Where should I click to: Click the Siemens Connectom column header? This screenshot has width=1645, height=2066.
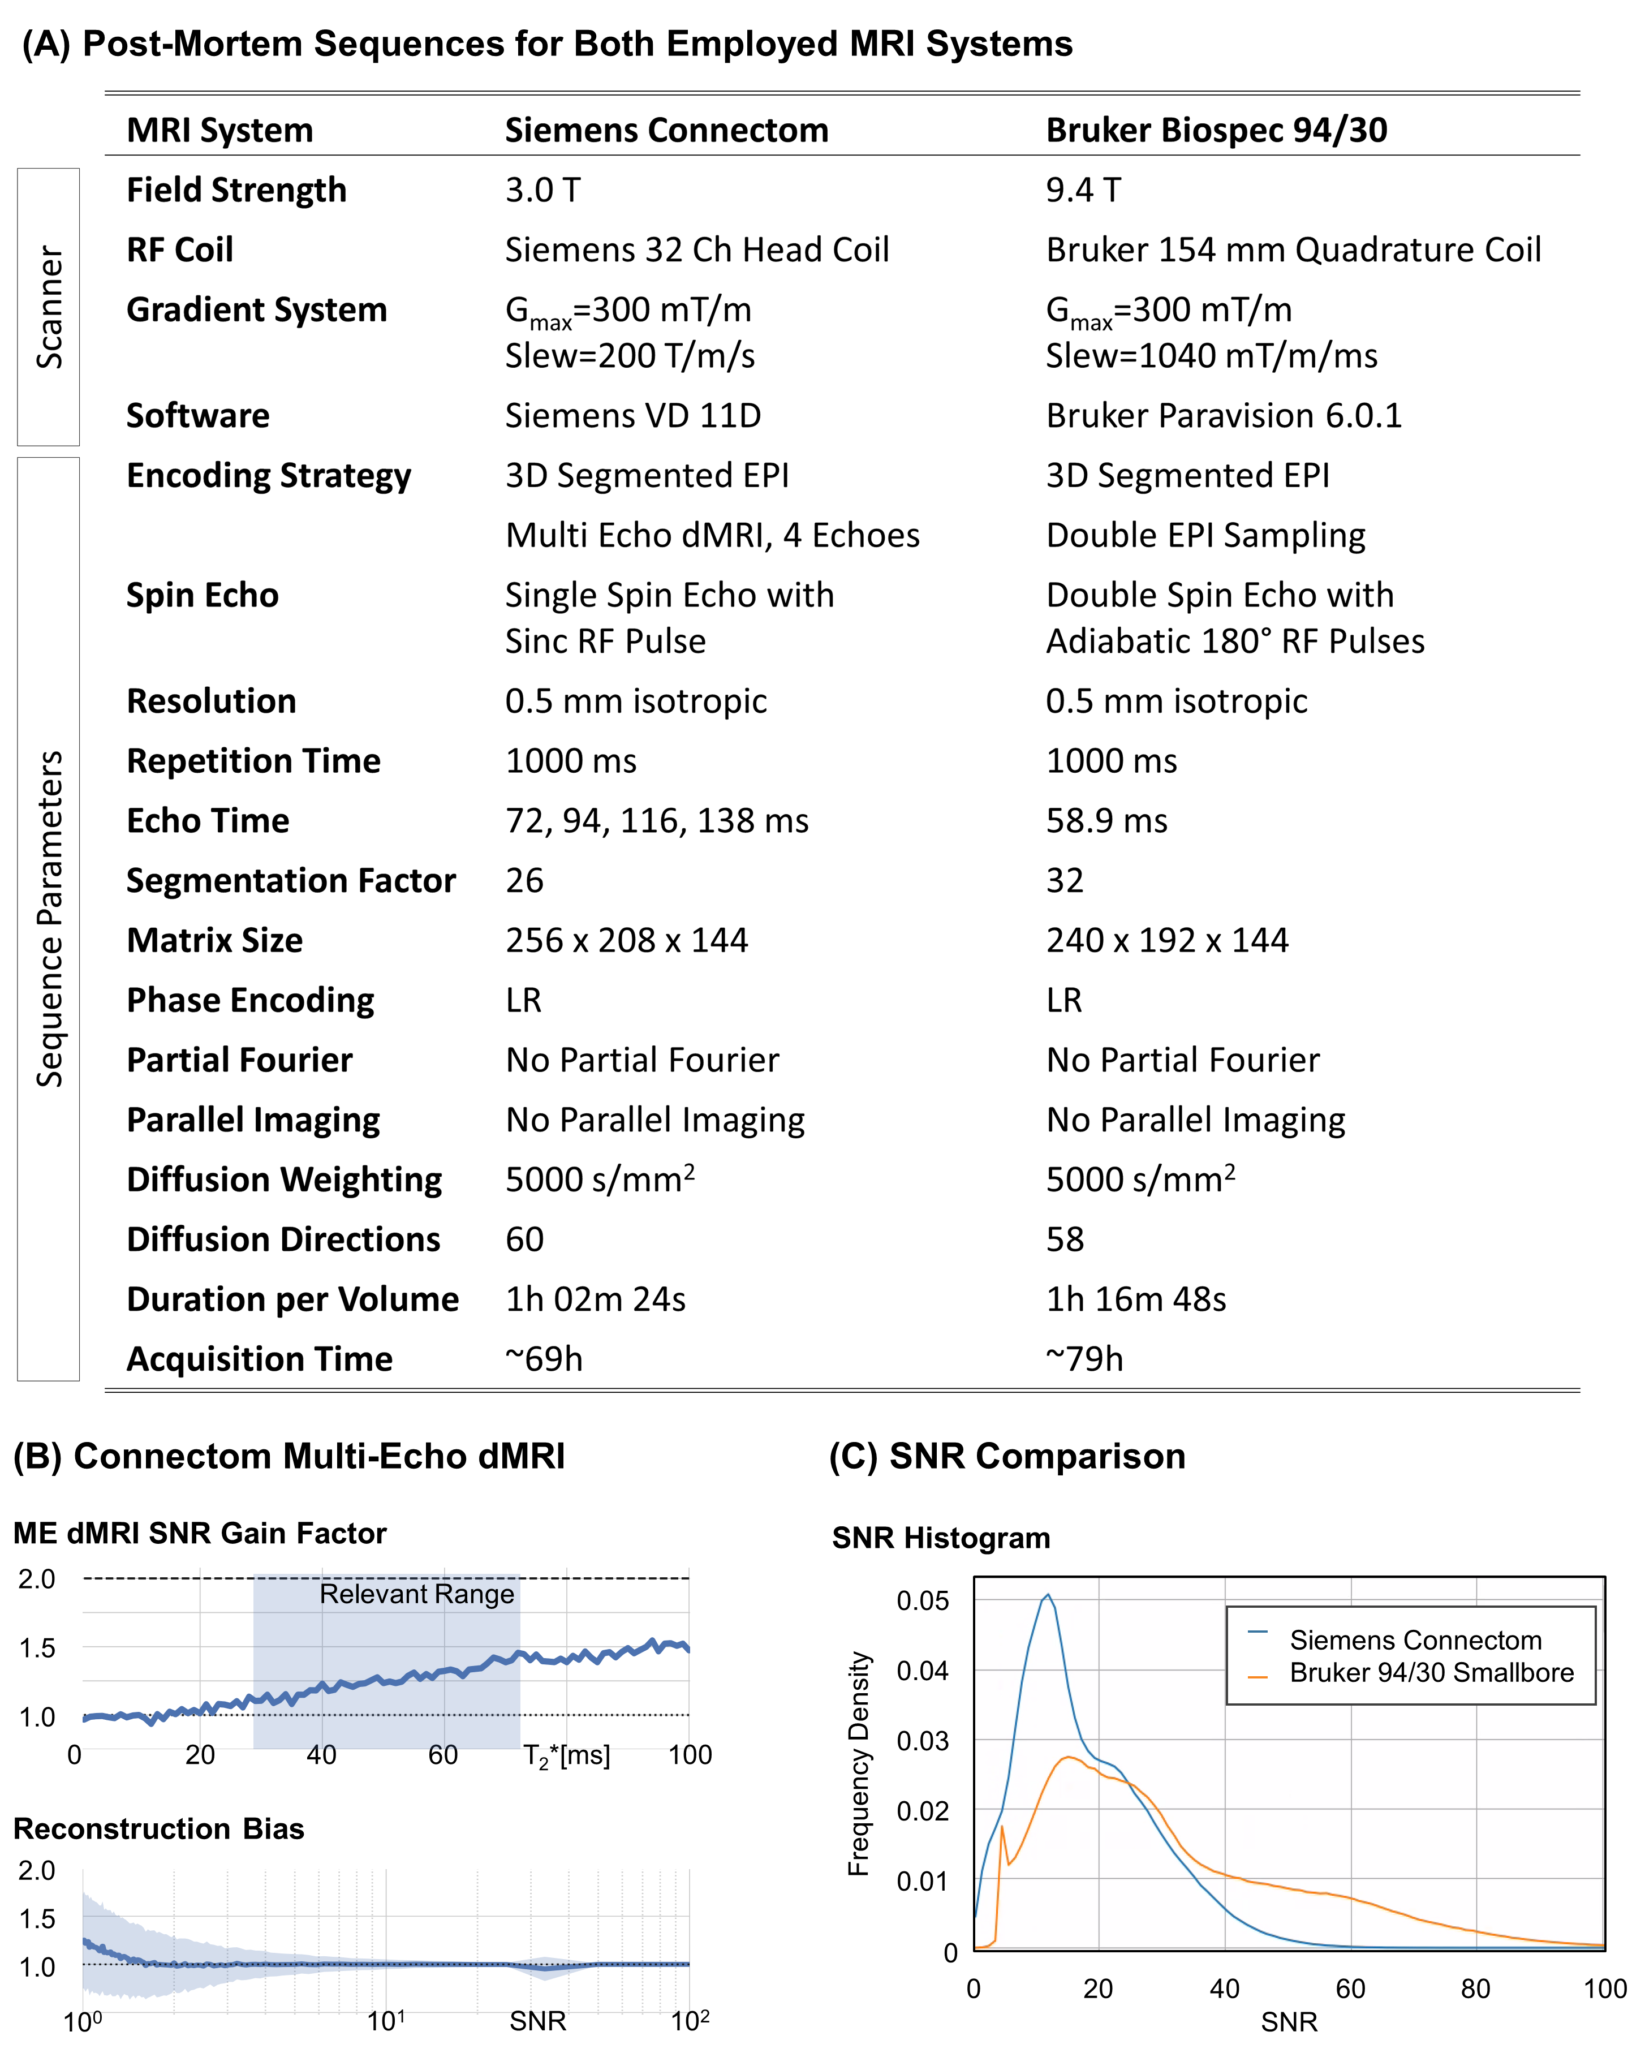(x=666, y=130)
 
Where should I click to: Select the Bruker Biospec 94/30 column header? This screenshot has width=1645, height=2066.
(x=1216, y=130)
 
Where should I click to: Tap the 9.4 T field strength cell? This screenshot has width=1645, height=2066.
(x=1083, y=190)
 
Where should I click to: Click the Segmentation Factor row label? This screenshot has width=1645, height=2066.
(x=290, y=881)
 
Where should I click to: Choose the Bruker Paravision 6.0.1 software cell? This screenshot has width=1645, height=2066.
(x=1224, y=416)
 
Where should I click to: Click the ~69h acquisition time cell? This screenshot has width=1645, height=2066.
(x=544, y=1359)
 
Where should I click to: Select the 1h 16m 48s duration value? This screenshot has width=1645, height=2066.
(x=1135, y=1299)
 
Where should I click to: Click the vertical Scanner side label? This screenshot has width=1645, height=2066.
(x=49, y=307)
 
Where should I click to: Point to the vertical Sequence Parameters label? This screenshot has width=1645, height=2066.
(x=49, y=918)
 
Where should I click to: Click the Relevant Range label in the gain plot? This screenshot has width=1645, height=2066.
(x=417, y=1594)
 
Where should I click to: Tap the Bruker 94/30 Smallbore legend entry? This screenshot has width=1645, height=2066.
(x=1431, y=1672)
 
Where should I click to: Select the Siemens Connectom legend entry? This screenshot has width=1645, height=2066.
(x=1415, y=1639)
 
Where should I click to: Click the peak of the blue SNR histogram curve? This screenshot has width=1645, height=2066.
(x=1047, y=1595)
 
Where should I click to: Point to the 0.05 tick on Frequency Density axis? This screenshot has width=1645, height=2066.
(x=921, y=1601)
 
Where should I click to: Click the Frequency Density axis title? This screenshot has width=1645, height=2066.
(x=859, y=1763)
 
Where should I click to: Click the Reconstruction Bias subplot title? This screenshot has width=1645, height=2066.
(x=159, y=1828)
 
